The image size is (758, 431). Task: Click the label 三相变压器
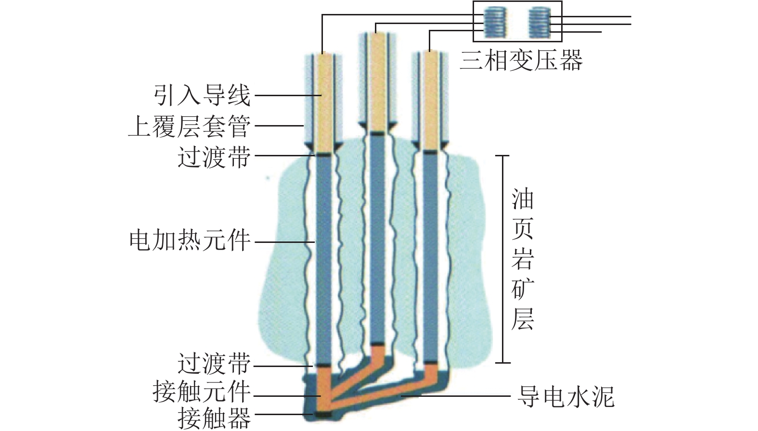point(521,61)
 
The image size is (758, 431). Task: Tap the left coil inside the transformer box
point(495,22)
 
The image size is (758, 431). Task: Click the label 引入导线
point(203,95)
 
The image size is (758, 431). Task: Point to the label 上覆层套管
point(190,126)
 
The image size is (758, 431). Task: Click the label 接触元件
point(202,392)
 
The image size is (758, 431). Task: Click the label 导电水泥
point(565,397)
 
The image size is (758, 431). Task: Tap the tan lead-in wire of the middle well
point(378,82)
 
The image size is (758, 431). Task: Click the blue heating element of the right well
point(431,255)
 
